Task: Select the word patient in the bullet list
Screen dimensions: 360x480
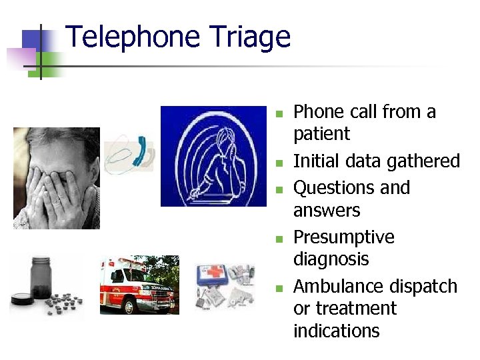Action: pos(321,134)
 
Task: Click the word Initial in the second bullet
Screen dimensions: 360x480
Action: pos(316,161)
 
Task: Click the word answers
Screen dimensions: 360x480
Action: pos(327,211)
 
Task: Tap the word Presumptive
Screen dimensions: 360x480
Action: pos(344,237)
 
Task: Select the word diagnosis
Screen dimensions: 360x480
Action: pos(331,259)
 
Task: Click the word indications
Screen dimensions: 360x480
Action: pos(336,331)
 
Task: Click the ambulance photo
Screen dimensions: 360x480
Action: pos(139,284)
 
